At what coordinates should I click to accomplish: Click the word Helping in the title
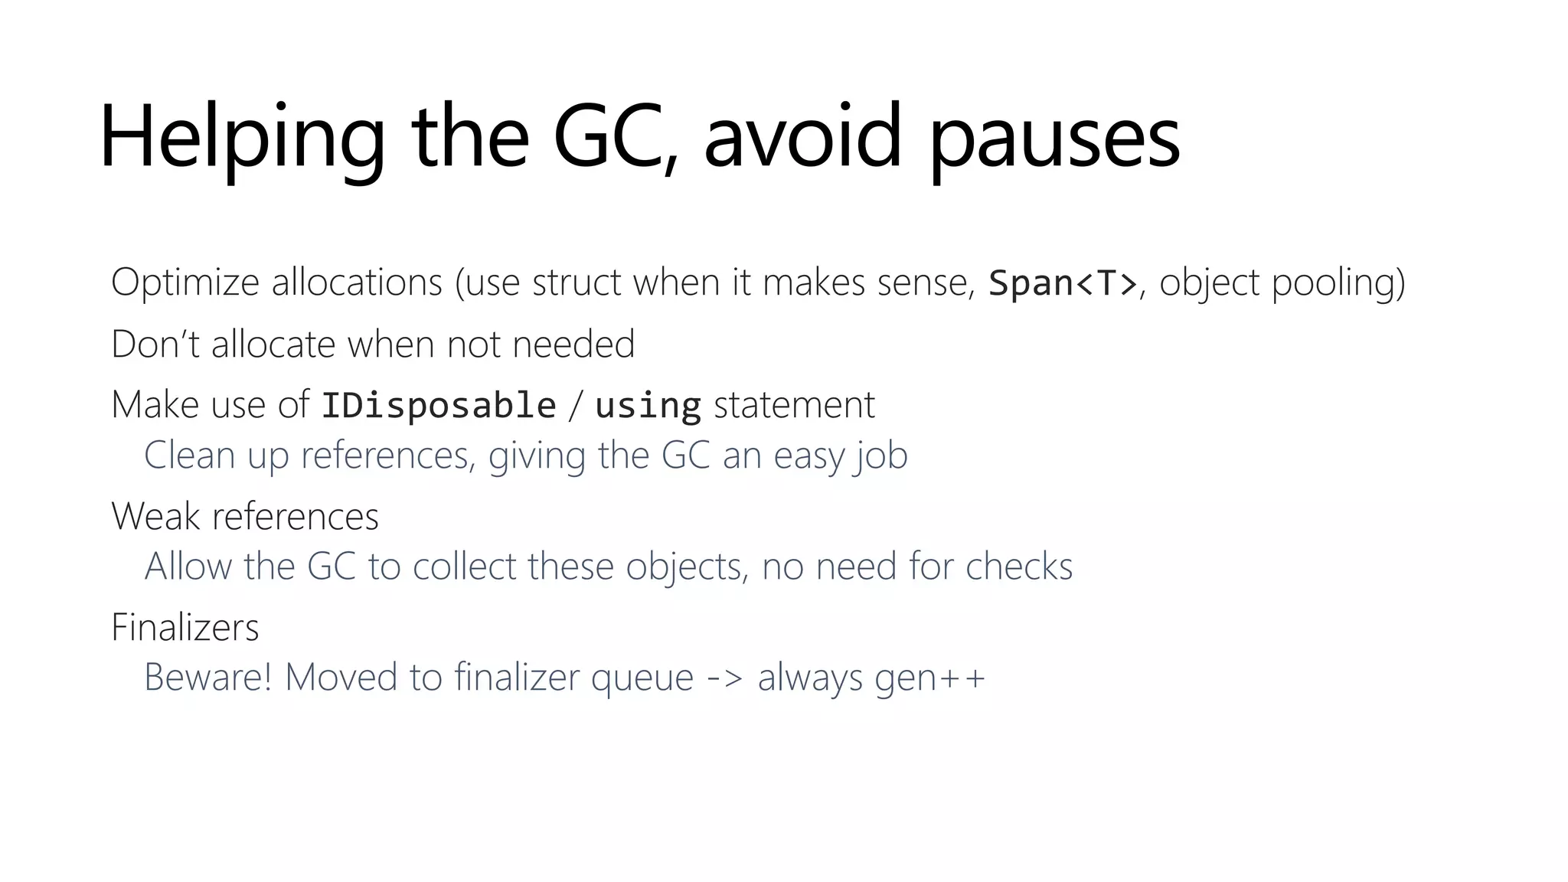[242, 138]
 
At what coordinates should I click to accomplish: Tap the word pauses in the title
[1055, 138]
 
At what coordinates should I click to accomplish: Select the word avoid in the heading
[802, 138]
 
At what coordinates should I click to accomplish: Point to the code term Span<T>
[1063, 283]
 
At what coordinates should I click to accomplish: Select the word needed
[573, 344]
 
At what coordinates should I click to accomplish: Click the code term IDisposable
[439, 405]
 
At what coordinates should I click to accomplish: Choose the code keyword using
[648, 405]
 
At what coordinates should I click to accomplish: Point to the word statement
[794, 405]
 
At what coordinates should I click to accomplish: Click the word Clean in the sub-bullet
[189, 456]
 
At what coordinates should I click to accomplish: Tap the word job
[881, 456]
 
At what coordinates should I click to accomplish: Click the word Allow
[188, 567]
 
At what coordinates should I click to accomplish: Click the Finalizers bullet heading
[185, 627]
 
